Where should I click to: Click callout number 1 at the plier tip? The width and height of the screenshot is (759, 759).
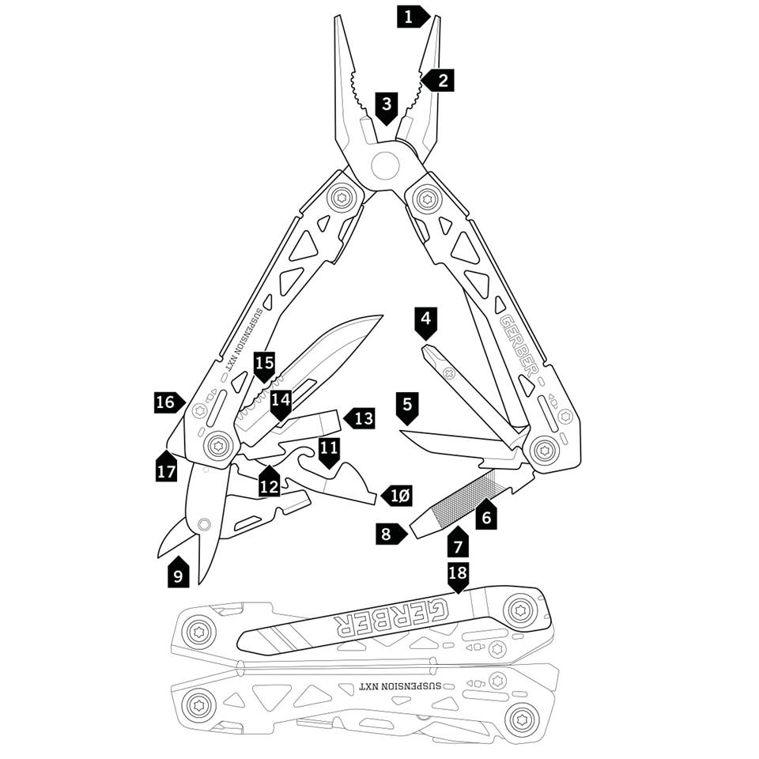[410, 16]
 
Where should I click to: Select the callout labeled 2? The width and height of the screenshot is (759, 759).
[440, 80]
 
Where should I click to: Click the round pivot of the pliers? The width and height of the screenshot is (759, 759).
[385, 166]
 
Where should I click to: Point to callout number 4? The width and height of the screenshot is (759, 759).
[426, 320]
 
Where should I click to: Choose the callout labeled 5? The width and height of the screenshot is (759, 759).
[407, 406]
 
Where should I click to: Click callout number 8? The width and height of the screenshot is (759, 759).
[387, 534]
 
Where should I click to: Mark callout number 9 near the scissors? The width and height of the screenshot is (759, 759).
[178, 576]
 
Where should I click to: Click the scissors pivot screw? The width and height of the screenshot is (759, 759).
[205, 523]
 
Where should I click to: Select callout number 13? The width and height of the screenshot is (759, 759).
[361, 418]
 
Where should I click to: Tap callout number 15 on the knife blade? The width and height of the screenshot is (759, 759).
[264, 364]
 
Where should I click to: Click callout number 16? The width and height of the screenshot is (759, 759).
[166, 402]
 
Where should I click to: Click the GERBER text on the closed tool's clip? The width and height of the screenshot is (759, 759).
[390, 617]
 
